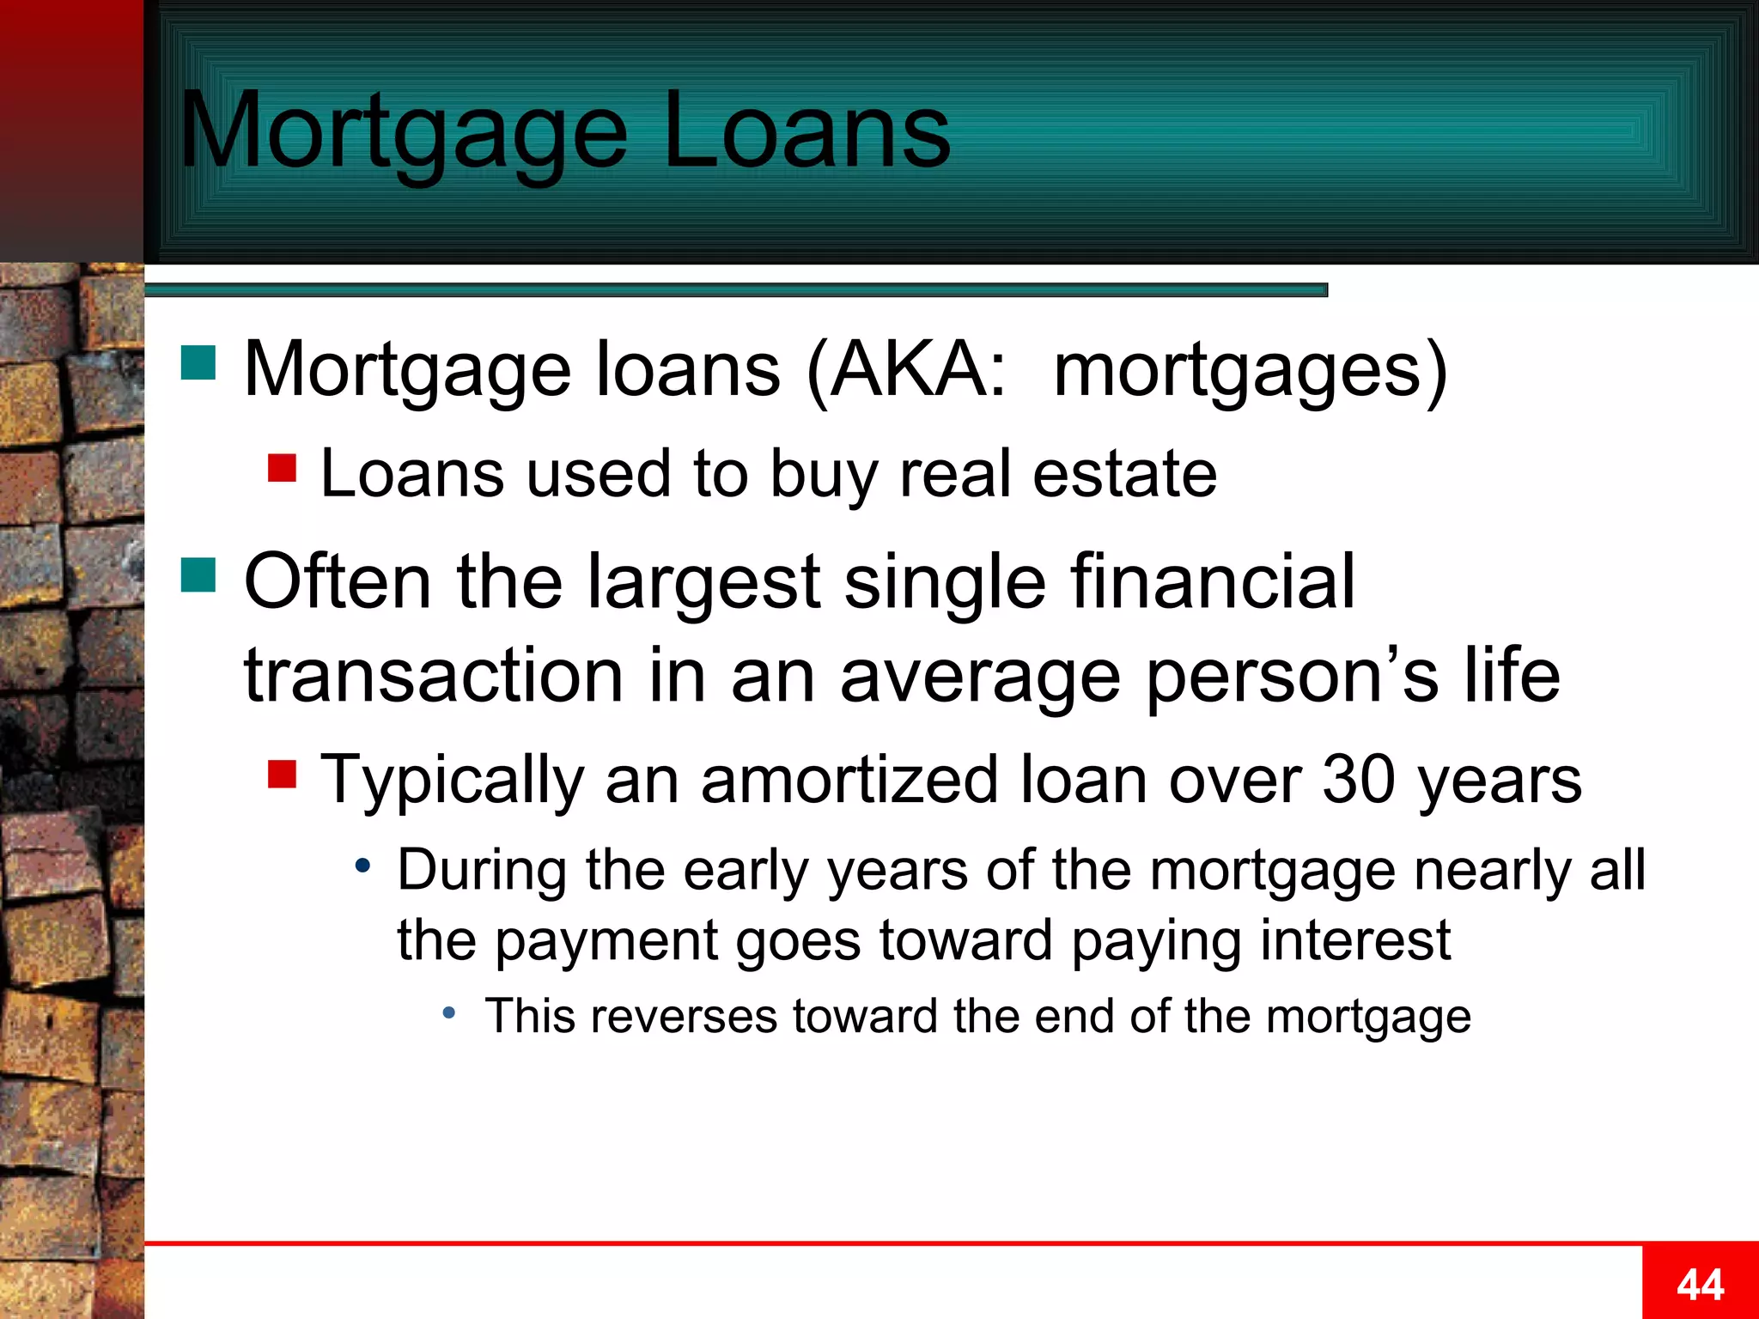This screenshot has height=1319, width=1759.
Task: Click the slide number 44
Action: [x=1700, y=1286]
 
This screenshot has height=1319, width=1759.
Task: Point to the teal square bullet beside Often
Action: [x=198, y=575]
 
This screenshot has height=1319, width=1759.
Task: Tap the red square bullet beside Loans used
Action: [x=282, y=469]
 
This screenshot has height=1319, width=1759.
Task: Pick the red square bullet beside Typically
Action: [x=282, y=774]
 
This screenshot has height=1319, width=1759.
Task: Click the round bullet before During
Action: [x=363, y=866]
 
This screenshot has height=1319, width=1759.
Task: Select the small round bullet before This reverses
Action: [x=448, y=1014]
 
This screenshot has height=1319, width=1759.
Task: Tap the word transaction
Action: [x=434, y=676]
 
